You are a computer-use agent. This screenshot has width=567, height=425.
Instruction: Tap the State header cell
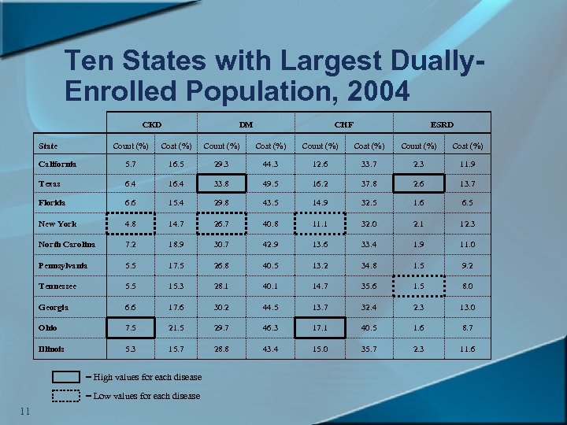pos(48,146)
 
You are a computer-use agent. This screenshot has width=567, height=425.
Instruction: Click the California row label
pos(57,164)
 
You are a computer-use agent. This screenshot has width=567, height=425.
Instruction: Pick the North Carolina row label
pos(67,245)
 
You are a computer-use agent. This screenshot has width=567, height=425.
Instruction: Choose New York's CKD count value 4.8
pos(131,224)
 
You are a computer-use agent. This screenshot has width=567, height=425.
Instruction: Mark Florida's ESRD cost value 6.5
pos(467,202)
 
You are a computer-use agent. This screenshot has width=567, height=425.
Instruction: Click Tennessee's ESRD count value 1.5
pos(419,287)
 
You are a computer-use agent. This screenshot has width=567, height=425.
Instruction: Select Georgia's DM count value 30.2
pos(222,308)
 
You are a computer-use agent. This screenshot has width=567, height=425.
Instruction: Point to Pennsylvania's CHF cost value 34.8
pos(369,265)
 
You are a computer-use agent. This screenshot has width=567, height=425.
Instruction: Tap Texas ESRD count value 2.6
pos(419,183)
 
